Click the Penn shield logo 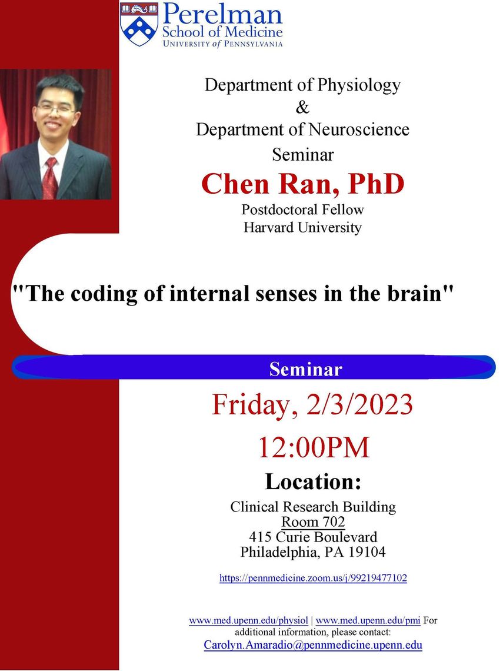(x=139, y=24)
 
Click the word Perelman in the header (x=222, y=14)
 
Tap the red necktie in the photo (x=49, y=178)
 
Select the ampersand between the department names (x=302, y=107)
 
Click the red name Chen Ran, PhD (x=303, y=184)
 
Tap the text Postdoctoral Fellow (x=303, y=210)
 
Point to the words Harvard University (x=303, y=227)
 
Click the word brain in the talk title (x=415, y=293)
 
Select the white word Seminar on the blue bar (x=306, y=369)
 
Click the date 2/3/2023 (x=359, y=404)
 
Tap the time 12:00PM (x=314, y=447)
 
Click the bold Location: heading (x=313, y=481)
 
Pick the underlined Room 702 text (x=313, y=521)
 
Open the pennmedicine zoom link (x=313, y=578)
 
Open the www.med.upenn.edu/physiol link (x=248, y=620)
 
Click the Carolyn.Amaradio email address (x=313, y=645)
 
